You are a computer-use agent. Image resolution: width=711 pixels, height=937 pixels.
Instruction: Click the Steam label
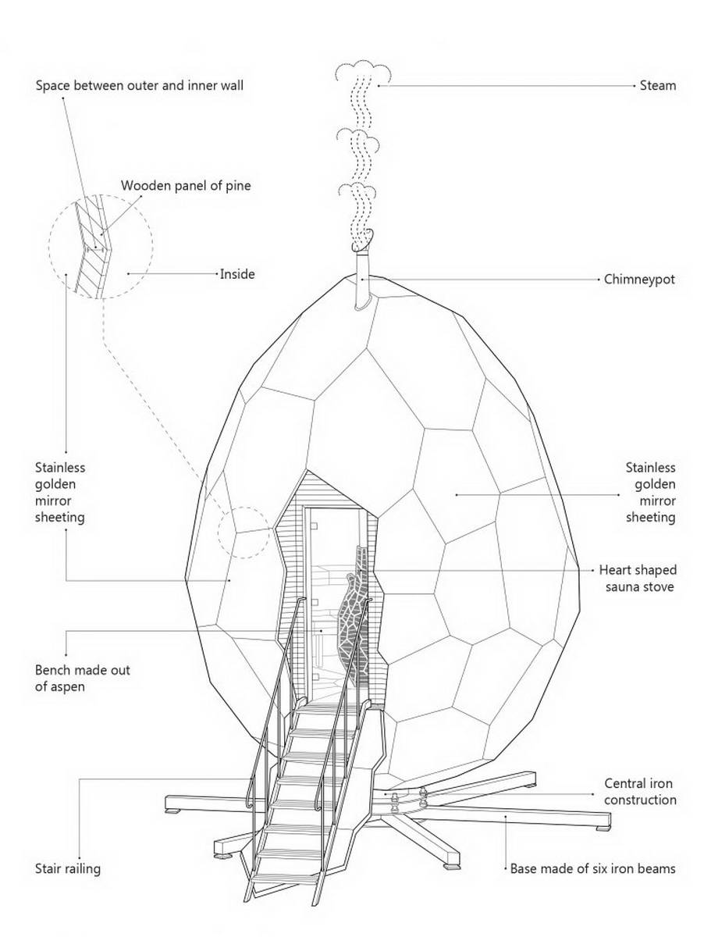pos(657,86)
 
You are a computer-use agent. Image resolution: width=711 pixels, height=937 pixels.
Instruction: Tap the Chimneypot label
pos(639,280)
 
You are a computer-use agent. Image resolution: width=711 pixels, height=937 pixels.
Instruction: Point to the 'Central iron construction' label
pos(640,791)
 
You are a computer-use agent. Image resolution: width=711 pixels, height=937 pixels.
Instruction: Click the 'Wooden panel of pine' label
pos(186,186)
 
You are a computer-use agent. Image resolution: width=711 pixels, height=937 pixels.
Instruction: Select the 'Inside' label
pos(237,274)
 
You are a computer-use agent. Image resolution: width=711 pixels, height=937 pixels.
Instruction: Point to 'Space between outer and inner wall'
pos(140,85)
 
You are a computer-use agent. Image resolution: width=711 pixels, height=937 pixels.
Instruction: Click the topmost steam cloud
pos(362,72)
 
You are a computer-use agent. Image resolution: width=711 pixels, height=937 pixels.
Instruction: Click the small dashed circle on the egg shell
pos(244,533)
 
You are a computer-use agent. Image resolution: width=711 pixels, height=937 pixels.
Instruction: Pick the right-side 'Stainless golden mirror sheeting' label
pos(650,492)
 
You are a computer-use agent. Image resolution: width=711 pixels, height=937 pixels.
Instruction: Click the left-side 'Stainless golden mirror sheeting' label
pos(60,492)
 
